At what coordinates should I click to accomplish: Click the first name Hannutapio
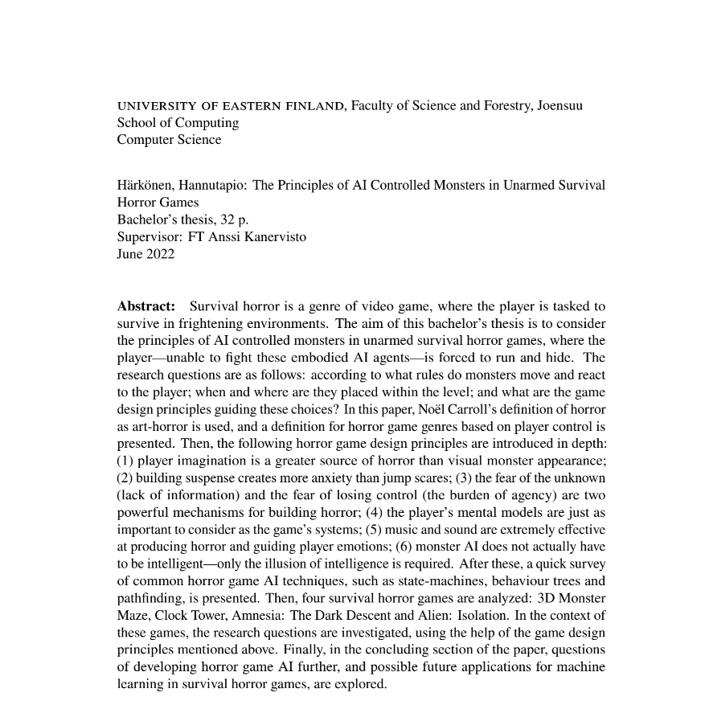click(215, 185)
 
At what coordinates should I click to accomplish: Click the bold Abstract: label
click(146, 306)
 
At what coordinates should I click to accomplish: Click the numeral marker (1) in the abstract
click(126, 460)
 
